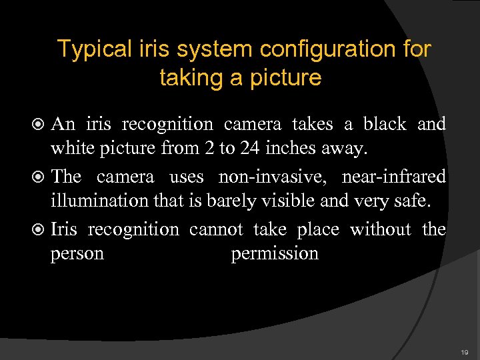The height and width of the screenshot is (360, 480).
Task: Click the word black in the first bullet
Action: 384,124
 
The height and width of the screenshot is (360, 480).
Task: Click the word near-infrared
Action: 393,177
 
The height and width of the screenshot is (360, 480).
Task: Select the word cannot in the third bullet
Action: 216,230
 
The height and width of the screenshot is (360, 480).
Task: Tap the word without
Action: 381,230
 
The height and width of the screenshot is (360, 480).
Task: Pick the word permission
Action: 275,254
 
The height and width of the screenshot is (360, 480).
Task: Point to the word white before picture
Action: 75,148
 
